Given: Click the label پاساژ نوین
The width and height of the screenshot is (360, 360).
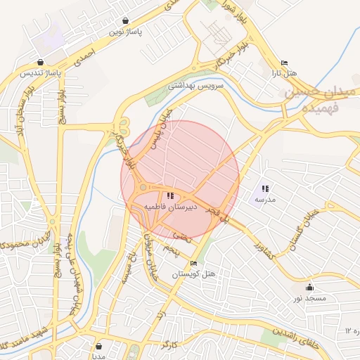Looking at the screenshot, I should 125,32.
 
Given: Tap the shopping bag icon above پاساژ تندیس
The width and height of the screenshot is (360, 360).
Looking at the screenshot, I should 40,62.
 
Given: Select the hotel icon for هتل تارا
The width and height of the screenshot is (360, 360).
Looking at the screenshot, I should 283,63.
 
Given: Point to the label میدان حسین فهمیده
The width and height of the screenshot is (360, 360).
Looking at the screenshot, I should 311,101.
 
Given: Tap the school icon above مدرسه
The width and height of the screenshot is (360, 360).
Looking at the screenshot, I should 265,188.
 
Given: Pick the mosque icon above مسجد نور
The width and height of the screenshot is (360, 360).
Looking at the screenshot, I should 310,287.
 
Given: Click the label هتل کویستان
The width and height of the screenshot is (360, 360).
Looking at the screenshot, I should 193,273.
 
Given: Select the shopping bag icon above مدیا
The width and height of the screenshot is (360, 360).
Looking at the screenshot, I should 98,346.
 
